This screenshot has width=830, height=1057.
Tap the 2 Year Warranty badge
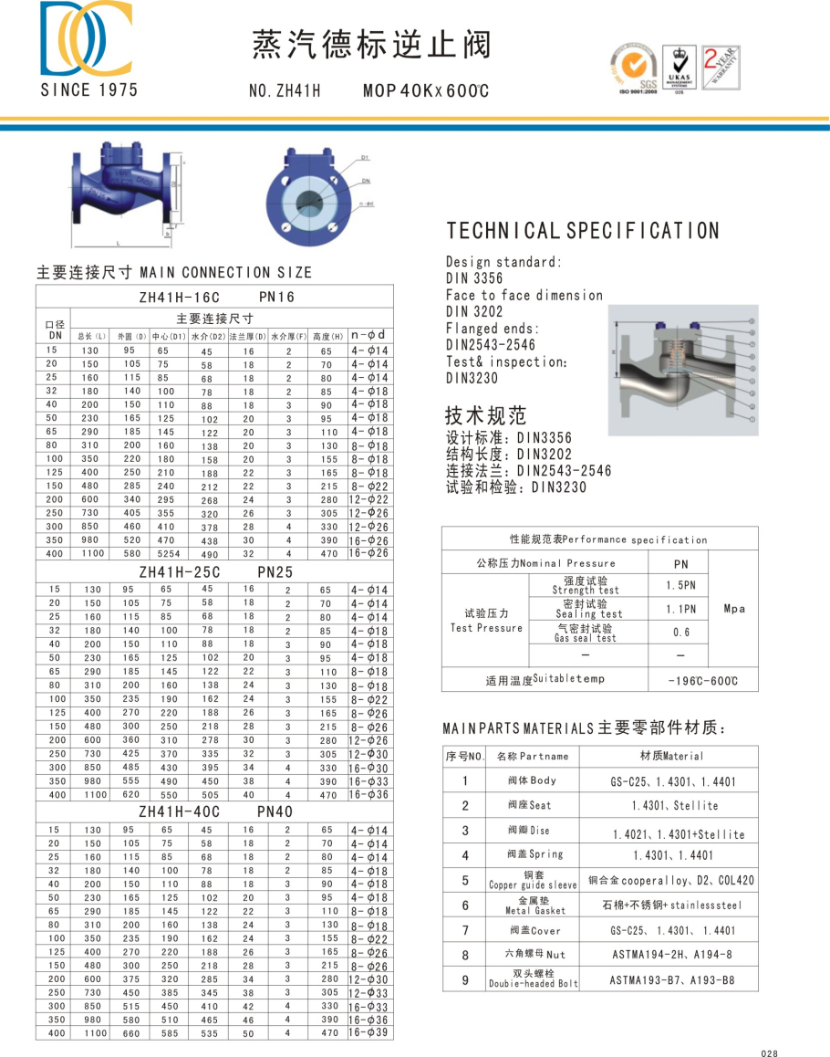[720, 67]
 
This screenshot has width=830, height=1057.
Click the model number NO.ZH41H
[285, 90]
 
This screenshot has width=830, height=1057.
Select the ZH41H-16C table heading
[180, 297]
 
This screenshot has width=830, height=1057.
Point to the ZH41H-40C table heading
[180, 811]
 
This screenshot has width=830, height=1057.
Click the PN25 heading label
[275, 572]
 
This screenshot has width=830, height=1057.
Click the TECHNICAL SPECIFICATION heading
[583, 231]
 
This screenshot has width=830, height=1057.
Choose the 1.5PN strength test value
[680, 585]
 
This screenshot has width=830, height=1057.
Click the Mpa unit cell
[734, 609]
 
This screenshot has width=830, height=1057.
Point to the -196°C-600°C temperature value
[701, 681]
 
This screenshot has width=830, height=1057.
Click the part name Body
[532, 780]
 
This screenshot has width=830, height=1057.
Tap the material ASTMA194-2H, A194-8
[671, 956]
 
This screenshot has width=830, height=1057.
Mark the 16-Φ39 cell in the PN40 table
[368, 1032]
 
